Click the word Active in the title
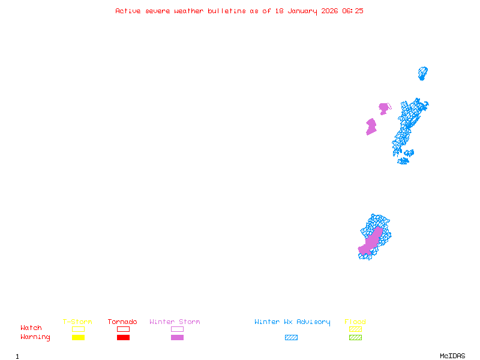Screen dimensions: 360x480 coord(128,11)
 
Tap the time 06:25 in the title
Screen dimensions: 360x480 coord(353,11)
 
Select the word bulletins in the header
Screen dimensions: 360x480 coord(226,11)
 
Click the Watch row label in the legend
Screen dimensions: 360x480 coord(31,328)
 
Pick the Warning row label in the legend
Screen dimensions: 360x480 coord(35,337)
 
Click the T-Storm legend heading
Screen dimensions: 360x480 coord(77,322)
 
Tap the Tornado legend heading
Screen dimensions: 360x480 coord(122,322)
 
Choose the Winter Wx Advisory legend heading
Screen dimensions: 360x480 coord(292,322)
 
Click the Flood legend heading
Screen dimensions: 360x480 coord(355,322)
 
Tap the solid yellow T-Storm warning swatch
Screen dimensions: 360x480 coord(78,337)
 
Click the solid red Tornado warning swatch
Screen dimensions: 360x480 coord(123,337)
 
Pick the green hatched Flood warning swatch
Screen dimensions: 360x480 coord(355,337)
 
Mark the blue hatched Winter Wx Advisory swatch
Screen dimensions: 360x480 coord(291,337)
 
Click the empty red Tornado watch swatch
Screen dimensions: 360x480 coord(123,329)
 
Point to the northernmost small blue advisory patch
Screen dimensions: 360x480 coord(422,73)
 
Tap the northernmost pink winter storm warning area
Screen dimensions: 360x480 coord(383,108)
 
